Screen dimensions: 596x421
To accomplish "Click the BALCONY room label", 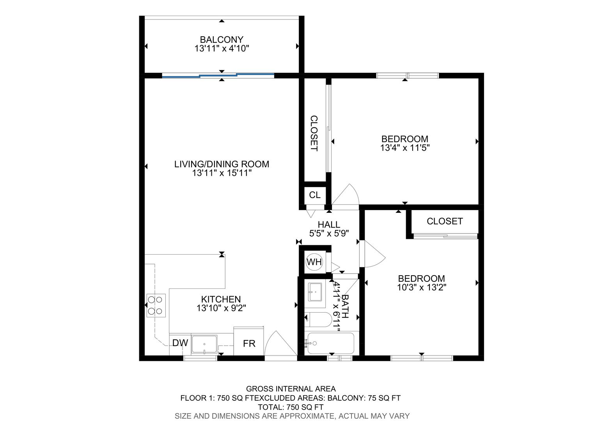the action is (222, 40).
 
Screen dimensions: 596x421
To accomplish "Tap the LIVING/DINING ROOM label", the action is (222, 164).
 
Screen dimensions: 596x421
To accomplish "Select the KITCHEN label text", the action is (221, 299).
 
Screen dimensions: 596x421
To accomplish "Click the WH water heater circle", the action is (314, 262).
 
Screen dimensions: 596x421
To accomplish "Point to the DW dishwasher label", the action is (180, 343).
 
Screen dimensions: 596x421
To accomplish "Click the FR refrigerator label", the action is (249, 343).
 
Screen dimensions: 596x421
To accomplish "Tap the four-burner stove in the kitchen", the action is (156, 305).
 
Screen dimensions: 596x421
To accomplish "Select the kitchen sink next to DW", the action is (204, 344).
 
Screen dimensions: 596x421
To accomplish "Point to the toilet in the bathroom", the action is (318, 319).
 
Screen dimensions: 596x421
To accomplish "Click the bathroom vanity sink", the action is (315, 292).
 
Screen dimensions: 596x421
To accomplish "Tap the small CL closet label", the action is (315, 195).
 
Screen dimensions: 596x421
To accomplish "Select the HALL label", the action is (329, 225).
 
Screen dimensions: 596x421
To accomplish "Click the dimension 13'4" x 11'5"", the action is (405, 148).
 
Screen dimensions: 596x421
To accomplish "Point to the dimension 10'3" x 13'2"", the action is (422, 287).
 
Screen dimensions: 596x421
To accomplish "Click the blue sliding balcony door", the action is (218, 76).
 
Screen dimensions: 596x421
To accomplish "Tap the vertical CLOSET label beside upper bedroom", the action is (314, 133).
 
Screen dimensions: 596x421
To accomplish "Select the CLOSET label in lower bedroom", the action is (445, 221).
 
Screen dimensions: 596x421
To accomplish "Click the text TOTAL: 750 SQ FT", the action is (291, 407).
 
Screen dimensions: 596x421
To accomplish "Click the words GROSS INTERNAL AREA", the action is (291, 389).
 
